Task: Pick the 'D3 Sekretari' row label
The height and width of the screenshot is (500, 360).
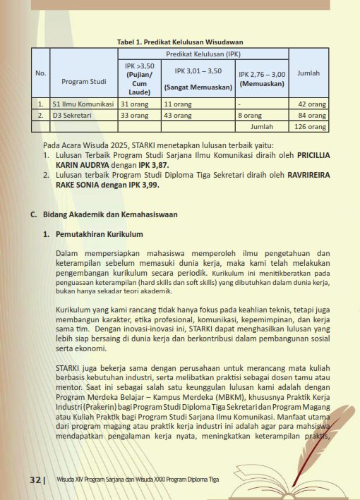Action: [73, 115]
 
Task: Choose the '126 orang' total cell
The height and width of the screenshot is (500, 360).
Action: [311, 126]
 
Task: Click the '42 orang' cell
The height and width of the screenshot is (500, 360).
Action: [313, 104]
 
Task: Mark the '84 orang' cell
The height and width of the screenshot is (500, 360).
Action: [313, 115]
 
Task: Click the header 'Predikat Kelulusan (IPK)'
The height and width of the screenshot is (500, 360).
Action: [203, 53]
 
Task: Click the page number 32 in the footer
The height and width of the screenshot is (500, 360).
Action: [35, 480]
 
